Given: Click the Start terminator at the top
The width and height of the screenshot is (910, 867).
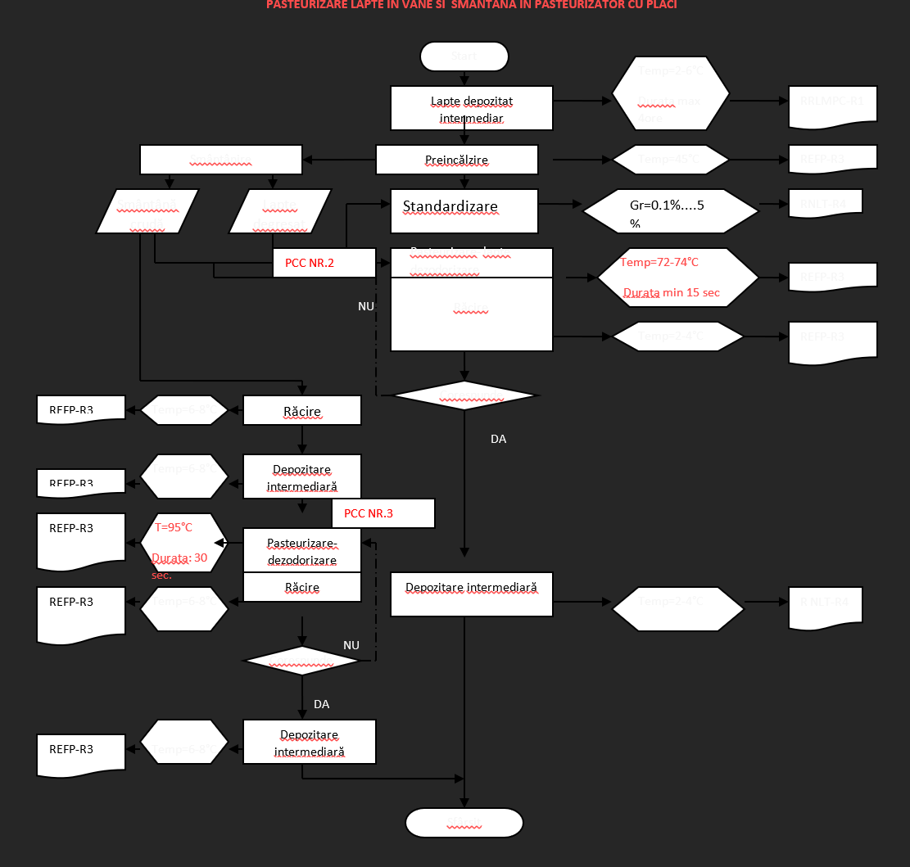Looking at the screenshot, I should pyautogui.click(x=464, y=56).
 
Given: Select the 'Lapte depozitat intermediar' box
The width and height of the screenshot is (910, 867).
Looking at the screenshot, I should pyautogui.click(x=471, y=108).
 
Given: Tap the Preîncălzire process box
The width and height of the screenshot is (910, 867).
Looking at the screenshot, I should pyautogui.click(x=456, y=160).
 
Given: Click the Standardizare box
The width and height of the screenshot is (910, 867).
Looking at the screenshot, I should pyautogui.click(x=464, y=210).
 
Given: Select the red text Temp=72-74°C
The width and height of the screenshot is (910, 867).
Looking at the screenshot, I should pyautogui.click(x=659, y=262).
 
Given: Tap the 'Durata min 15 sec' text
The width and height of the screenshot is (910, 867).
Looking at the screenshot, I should pyautogui.click(x=672, y=292).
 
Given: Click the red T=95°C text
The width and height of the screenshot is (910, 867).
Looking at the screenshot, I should pyautogui.click(x=174, y=527).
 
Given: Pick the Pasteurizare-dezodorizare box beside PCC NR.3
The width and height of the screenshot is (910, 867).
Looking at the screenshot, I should pyautogui.click(x=302, y=551).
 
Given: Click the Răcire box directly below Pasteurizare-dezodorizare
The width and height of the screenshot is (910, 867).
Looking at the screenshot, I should pyautogui.click(x=302, y=587).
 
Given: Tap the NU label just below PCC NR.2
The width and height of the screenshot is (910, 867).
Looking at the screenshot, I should pyautogui.click(x=366, y=305).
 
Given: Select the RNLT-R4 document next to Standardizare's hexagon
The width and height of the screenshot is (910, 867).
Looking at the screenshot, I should pyautogui.click(x=832, y=202).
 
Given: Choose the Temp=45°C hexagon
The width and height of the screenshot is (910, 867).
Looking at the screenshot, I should pyautogui.click(x=671, y=159).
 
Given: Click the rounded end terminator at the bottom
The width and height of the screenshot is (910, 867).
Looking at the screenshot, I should pyautogui.click(x=464, y=822).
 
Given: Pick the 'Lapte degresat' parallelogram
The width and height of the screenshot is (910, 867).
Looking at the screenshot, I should pyautogui.click(x=280, y=211).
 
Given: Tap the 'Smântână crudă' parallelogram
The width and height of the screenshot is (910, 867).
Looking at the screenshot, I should pyautogui.click(x=147, y=211).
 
